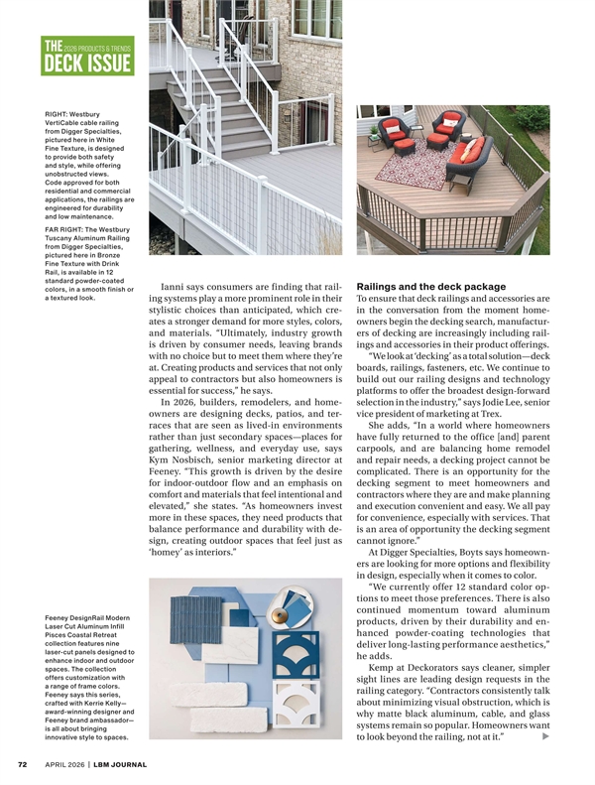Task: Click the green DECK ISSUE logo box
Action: [x=86, y=57]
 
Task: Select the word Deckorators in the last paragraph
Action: [x=433, y=670]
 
